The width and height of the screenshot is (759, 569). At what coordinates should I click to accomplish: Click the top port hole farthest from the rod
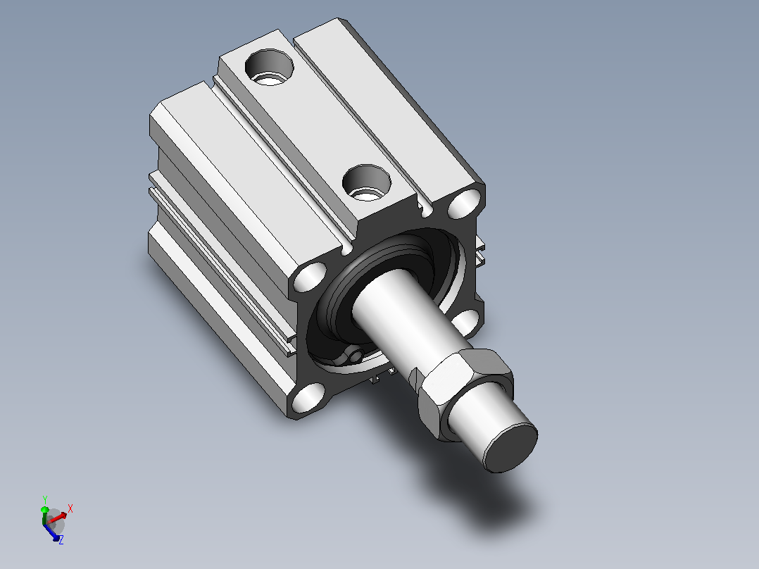270,67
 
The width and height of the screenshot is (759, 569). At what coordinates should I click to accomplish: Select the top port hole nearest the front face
366,182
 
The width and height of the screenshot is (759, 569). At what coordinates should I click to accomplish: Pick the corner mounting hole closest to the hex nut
465,322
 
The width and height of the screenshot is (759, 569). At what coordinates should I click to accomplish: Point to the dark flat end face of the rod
511,447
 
